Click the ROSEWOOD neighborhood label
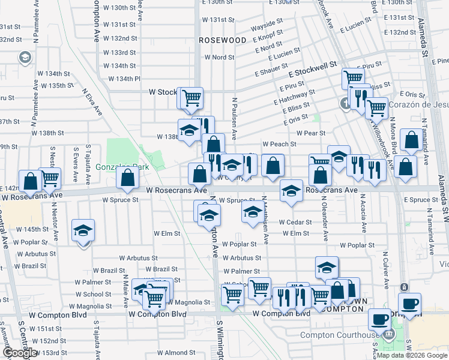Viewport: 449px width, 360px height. pyautogui.click(x=223, y=40)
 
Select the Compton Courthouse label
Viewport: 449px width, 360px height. pyautogui.click(x=339, y=335)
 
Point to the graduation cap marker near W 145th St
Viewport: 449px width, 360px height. pyautogui.click(x=83, y=230)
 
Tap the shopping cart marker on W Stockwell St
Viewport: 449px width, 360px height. pyautogui.click(x=191, y=97)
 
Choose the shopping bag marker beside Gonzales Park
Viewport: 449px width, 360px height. pyautogui.click(x=127, y=178)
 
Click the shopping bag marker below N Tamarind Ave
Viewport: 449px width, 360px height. pyautogui.click(x=411, y=140)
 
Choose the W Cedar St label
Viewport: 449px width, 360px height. pyautogui.click(x=295, y=222)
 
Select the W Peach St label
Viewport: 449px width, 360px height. pyautogui.click(x=279, y=144)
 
